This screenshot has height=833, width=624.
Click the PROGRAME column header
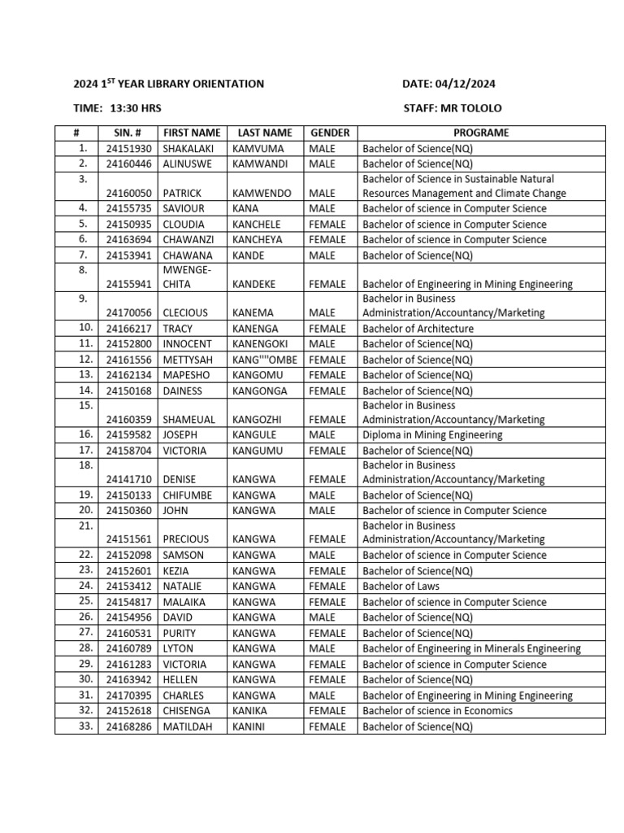tap(481, 133)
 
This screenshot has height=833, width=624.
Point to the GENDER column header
tap(330, 133)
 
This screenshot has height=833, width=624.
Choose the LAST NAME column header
tap(265, 133)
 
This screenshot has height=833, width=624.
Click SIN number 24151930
tap(128, 148)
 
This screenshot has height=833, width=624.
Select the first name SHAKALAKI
tap(192, 148)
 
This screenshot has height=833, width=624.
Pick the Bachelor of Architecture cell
tap(418, 329)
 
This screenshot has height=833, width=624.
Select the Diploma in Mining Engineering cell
tap(432, 435)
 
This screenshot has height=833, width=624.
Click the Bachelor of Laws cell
tap(402, 586)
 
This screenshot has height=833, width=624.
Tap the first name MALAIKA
tap(184, 602)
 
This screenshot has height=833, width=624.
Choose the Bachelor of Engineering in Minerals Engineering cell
tap(471, 649)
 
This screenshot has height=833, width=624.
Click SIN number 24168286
tap(128, 726)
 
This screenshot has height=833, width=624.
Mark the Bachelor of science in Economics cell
tap(437, 711)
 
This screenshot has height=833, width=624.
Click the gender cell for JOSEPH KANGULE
tap(322, 435)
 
